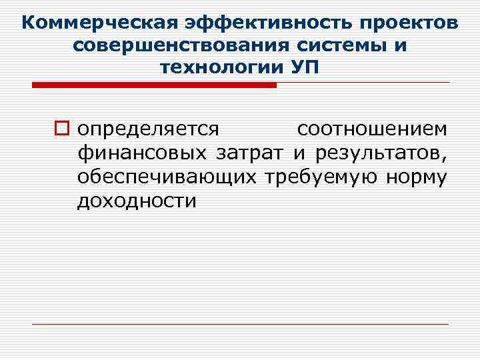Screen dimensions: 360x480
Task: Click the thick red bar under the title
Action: [154, 85]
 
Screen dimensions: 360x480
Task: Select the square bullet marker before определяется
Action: [62, 127]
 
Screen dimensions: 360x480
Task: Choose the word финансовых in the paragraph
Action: [141, 153]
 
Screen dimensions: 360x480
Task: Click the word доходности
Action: [137, 201]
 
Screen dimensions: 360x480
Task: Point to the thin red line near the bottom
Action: [240, 324]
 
